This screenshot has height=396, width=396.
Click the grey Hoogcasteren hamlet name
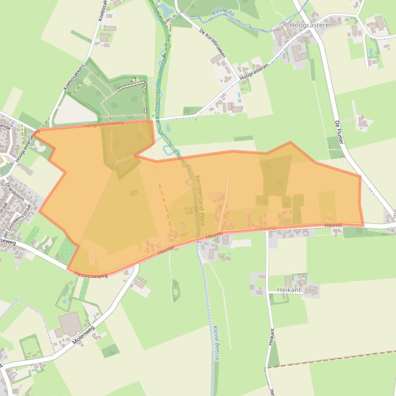[x=311, y=25]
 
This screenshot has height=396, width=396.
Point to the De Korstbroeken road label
[x=212, y=43]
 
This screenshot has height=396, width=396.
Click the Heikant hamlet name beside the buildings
[x=289, y=290]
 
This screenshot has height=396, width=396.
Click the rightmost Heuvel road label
[x=333, y=225]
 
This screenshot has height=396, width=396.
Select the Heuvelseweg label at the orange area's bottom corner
[x=91, y=275]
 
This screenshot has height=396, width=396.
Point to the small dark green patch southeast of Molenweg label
[x=110, y=351]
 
